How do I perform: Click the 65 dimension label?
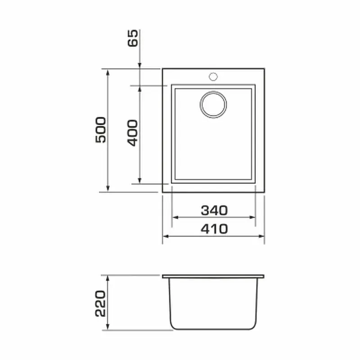[x=133, y=38]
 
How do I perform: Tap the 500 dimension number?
[x=101, y=130]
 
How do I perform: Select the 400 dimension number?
[x=132, y=133]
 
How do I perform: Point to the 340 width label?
[x=214, y=210]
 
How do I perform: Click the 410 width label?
[x=214, y=229]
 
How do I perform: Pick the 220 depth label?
[x=100, y=303]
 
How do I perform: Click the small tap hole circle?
[x=213, y=76]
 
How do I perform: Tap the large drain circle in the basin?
[x=213, y=105]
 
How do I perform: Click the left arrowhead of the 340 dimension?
[x=175, y=217]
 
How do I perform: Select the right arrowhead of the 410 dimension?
[x=261, y=236]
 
